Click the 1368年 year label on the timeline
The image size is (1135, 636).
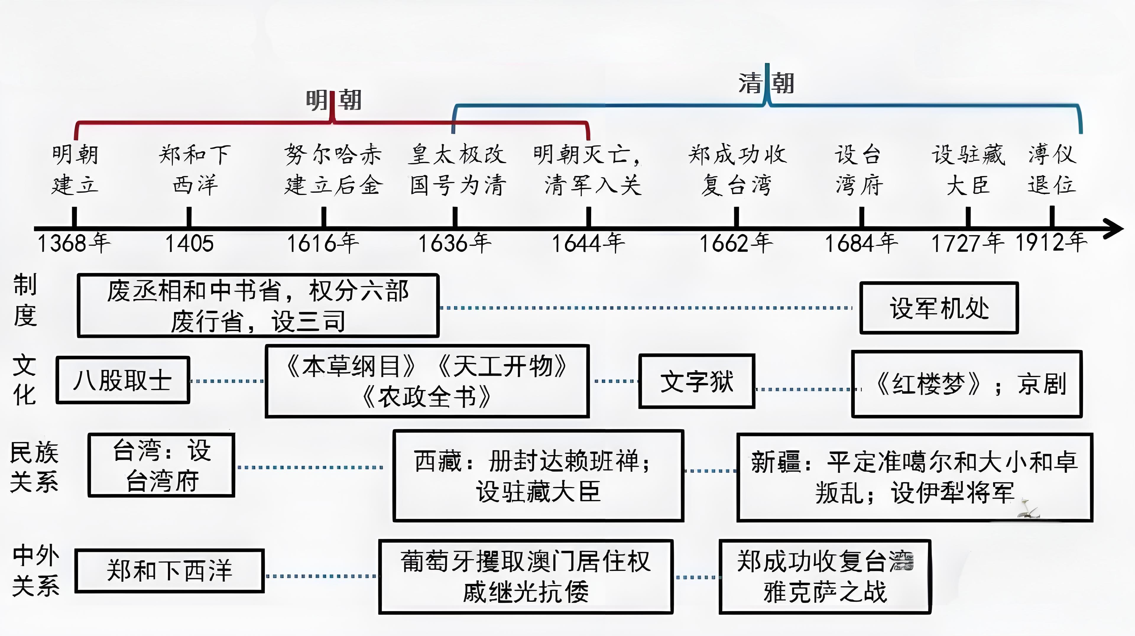[74, 243]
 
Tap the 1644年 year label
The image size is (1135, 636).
[588, 243]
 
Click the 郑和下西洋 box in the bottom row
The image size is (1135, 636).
[170, 571]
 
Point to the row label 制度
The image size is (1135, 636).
[25, 300]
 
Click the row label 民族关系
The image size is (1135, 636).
[34, 467]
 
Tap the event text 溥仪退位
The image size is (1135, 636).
[1052, 170]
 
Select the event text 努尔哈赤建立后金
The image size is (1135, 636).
[333, 170]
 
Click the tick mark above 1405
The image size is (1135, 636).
[189, 217]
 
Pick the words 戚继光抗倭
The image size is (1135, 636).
[526, 592]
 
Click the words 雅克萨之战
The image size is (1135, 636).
[825, 592]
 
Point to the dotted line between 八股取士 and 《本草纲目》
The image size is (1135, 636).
[227, 381]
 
